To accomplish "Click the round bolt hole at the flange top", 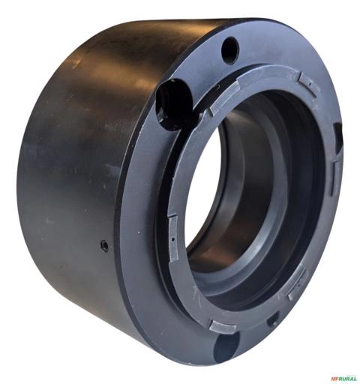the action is click(230, 50).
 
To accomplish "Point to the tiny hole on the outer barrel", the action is click(104, 246).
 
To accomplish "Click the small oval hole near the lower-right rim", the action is click(272, 321).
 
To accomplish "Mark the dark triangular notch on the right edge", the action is click(337, 136).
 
